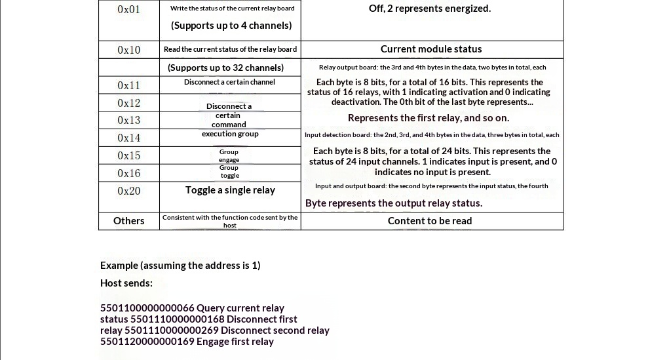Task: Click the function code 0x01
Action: [129, 9]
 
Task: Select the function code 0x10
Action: [129, 50]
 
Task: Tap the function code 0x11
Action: [129, 85]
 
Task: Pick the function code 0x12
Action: [129, 103]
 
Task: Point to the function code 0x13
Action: [129, 120]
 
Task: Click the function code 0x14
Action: [129, 138]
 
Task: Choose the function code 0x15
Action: [129, 155]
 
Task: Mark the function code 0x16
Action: [129, 173]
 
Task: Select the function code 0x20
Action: [129, 191]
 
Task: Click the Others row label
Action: [129, 221]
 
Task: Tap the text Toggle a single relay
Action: [230, 190]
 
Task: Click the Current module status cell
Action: [431, 49]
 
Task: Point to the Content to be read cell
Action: [430, 221]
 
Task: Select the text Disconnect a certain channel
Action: [229, 82]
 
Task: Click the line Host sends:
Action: [126, 283]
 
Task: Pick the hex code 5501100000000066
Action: [147, 308]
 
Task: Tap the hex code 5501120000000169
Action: [147, 342]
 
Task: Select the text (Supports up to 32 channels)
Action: [225, 68]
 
